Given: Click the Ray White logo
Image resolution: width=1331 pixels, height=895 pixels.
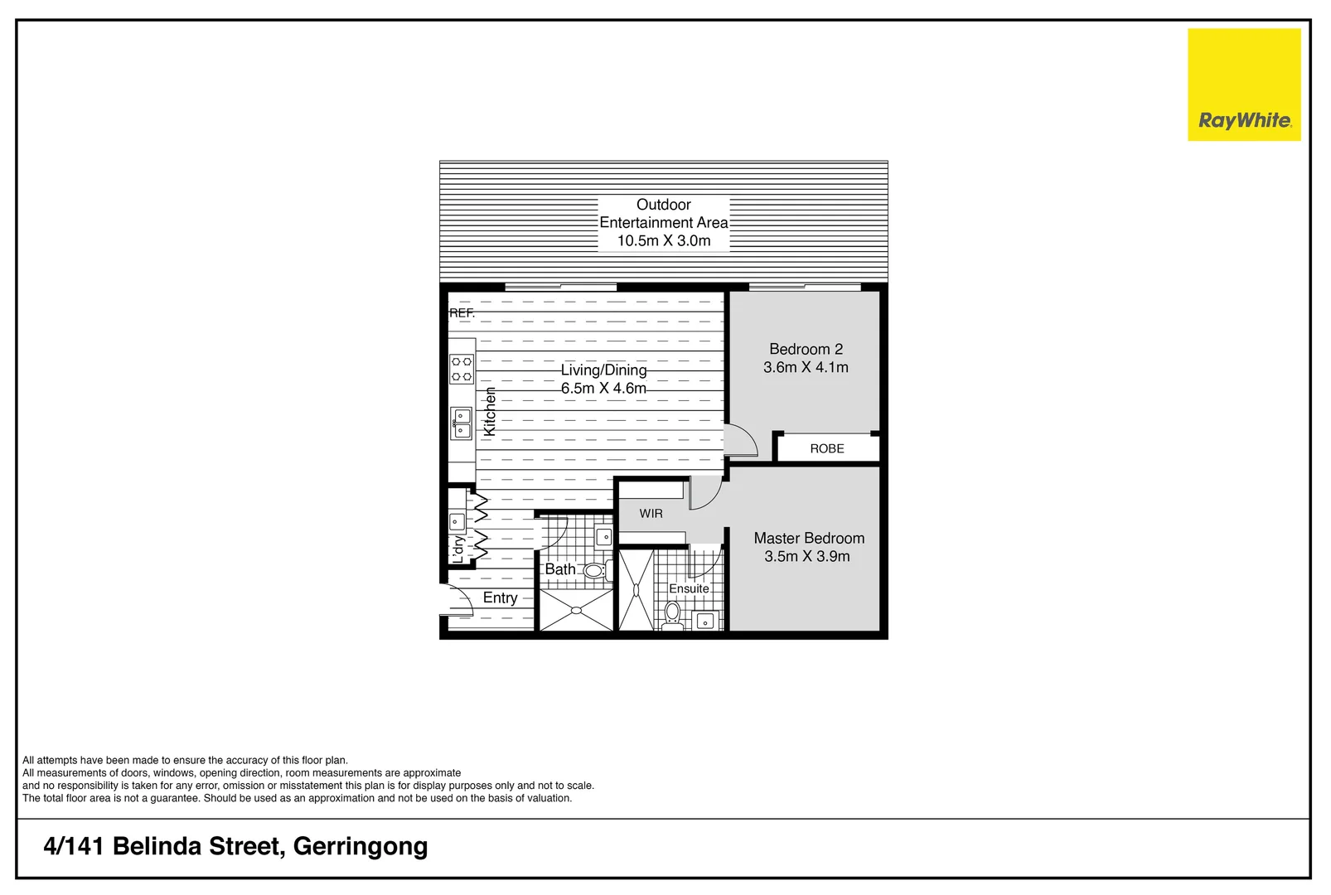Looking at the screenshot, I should coord(1243,85).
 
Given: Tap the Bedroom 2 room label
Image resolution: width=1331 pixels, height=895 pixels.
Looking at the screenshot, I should coord(806,349).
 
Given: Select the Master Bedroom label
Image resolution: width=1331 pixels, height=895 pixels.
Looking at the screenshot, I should coord(809,538).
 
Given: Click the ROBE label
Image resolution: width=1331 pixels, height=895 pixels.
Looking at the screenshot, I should coord(827,448).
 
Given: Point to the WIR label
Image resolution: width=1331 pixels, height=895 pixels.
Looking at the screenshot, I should coord(651,514).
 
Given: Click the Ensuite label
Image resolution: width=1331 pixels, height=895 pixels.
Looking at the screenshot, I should coord(689,588).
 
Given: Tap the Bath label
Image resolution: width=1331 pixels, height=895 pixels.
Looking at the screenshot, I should coord(560,569).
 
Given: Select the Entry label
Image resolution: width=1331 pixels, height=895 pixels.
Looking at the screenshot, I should coord(500,597).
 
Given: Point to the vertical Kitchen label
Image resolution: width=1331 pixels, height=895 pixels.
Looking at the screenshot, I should coord(490,411).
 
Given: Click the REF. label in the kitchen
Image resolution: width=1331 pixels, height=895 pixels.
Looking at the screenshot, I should coord(462,313).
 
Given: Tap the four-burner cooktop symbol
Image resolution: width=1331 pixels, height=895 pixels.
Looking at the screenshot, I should coord(462,369).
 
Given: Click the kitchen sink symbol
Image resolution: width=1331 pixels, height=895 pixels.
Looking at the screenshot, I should coord(461,422).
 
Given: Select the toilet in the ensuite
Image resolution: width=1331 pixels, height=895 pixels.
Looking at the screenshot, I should coord(672,614).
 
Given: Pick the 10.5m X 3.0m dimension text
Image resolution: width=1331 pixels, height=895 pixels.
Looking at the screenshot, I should coord(664,241).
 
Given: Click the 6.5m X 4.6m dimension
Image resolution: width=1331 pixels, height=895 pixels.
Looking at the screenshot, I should coord(603,388).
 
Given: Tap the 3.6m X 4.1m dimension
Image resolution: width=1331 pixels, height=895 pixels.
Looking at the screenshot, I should coord(806,367).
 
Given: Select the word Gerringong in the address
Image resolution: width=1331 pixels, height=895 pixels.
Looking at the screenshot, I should coord(361,846).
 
